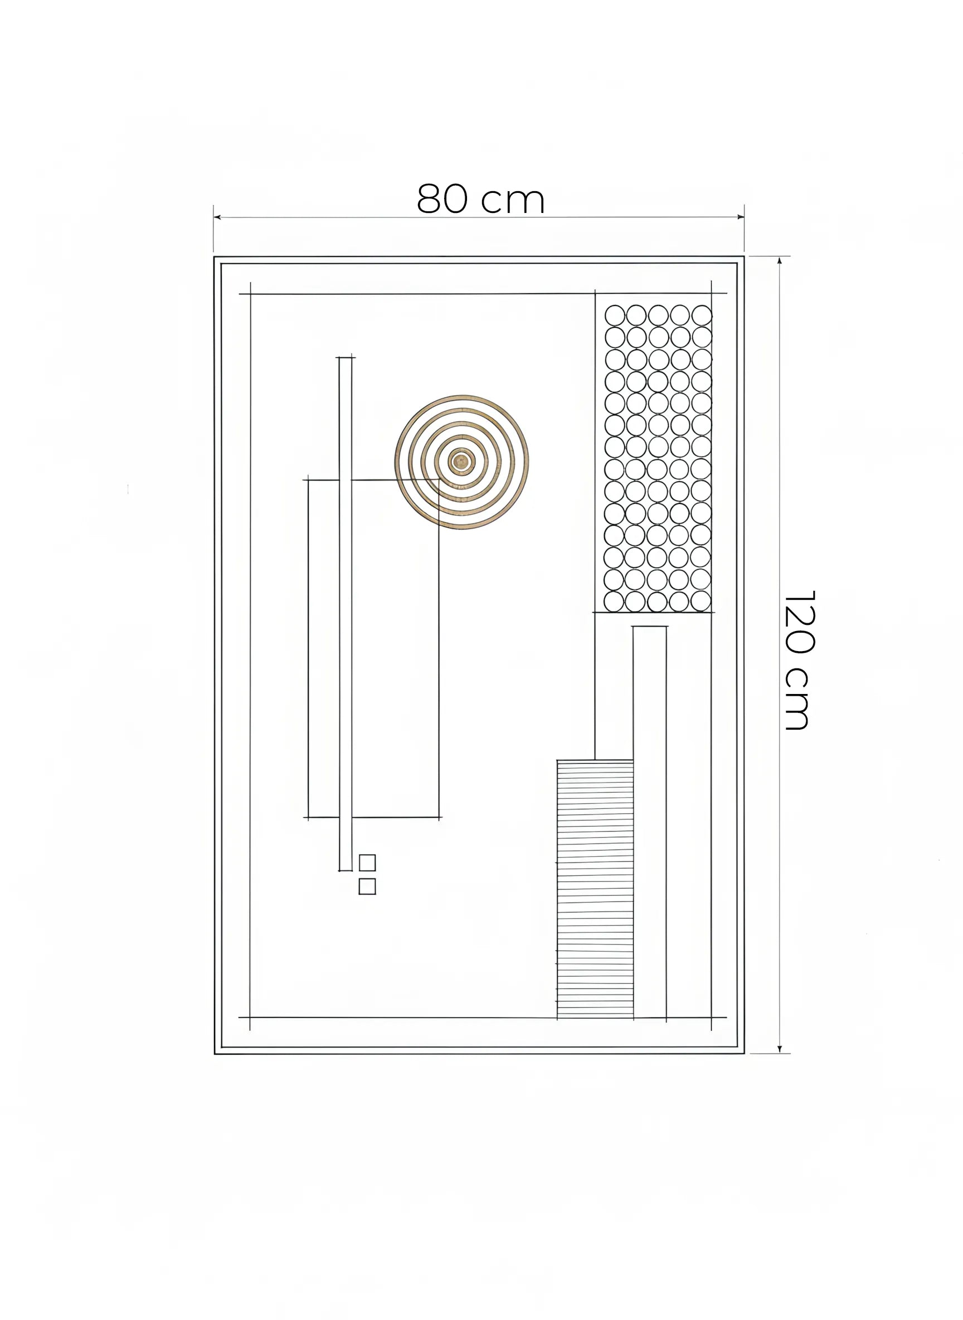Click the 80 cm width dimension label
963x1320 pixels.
pyautogui.click(x=481, y=199)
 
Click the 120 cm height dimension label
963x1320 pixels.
pyautogui.click(x=799, y=660)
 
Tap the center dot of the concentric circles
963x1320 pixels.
pyautogui.click(x=461, y=462)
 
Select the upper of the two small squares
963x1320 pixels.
pyautogui.click(x=367, y=862)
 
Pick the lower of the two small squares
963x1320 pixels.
pyautogui.click(x=367, y=886)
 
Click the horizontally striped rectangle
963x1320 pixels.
pyautogui.click(x=595, y=889)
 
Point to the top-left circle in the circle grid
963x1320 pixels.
pyautogui.click(x=614, y=316)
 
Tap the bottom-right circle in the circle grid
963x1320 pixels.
pyautogui.click(x=700, y=601)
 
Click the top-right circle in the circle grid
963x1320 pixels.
pyautogui.click(x=702, y=316)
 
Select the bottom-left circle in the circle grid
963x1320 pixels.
pyautogui.click(x=613, y=601)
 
